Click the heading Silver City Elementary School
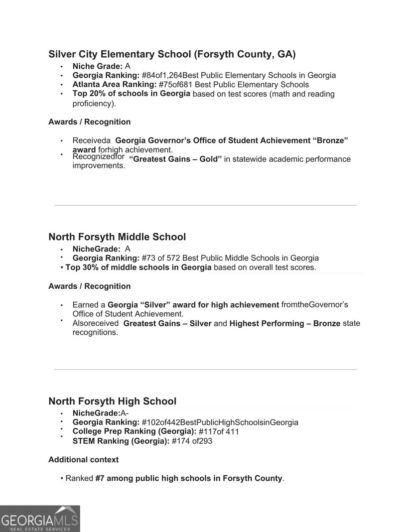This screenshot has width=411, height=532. tap(172, 54)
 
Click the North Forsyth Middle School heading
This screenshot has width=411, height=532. tap(117, 237)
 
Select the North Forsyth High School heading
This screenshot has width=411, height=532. tap(112, 401)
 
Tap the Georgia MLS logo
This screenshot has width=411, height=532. tap(40, 519)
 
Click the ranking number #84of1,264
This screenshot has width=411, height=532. tap(161, 76)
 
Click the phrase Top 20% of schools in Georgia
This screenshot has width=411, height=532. tap(131, 94)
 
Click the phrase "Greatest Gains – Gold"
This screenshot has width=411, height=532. tap(175, 159)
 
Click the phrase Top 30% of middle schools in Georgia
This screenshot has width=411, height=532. tap(138, 267)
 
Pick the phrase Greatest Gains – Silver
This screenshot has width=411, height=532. tap(167, 324)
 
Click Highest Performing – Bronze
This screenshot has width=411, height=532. tap(284, 324)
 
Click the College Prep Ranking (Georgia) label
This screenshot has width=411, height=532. tap(134, 431)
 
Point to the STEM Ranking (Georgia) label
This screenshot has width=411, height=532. tap(121, 441)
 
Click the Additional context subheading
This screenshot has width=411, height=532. tap(83, 460)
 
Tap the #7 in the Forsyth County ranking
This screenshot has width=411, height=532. tap(100, 479)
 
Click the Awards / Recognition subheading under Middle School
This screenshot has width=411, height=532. tap(89, 286)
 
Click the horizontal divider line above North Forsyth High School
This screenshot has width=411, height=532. tap(205, 370)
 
